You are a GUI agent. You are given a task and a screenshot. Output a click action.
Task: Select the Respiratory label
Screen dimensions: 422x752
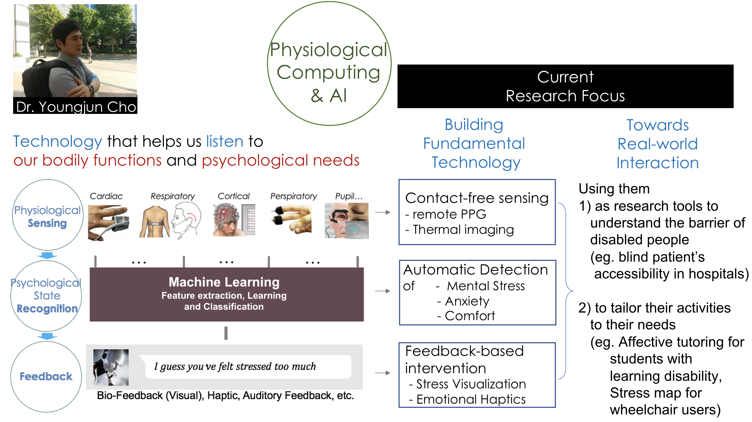(173, 196)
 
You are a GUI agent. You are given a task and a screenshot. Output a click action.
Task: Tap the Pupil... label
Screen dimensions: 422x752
(348, 196)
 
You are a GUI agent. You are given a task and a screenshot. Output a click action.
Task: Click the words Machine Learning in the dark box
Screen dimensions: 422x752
(224, 282)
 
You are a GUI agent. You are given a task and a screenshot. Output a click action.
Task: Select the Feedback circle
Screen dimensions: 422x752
(46, 376)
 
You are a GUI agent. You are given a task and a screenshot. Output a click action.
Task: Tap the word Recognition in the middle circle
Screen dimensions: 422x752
(47, 309)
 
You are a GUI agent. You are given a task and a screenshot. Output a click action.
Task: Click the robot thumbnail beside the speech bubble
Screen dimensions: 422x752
(111, 367)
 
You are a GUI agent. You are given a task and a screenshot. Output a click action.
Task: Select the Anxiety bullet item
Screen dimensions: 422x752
(466, 301)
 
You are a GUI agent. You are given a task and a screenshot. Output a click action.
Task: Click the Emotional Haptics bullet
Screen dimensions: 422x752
(470, 399)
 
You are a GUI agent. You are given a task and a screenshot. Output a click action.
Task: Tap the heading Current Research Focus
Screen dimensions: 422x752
(565, 87)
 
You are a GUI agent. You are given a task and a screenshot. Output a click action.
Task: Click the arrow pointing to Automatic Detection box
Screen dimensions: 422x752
(383, 291)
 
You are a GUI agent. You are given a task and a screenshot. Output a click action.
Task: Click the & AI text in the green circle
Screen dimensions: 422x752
(329, 96)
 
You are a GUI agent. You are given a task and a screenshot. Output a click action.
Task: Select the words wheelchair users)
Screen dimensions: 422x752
(665, 410)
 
